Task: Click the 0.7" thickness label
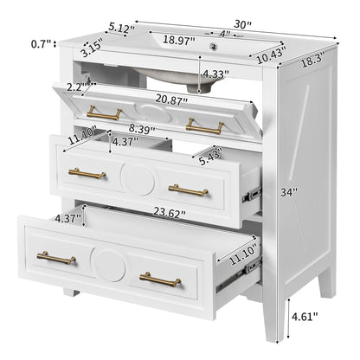39,43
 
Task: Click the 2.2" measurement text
76,87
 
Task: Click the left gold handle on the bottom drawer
56,257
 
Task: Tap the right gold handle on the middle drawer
188,189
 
